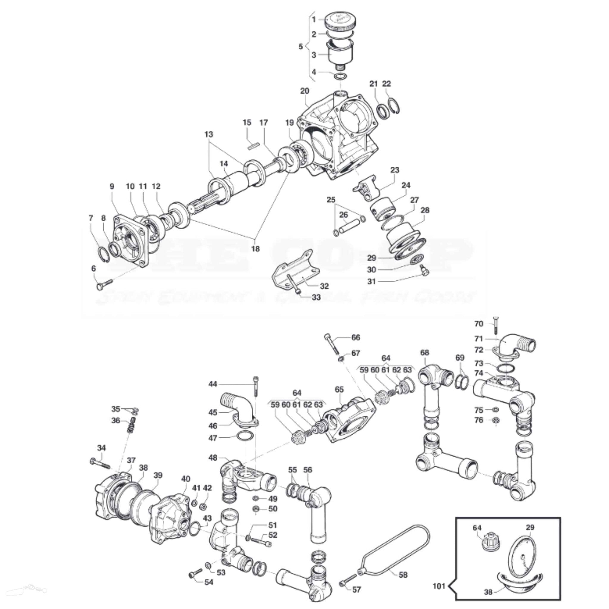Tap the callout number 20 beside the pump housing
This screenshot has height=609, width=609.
tap(304, 91)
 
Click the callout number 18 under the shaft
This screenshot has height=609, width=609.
tap(255, 249)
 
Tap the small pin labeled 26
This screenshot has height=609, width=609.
tap(349, 227)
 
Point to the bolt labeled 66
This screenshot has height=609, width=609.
tap(331, 344)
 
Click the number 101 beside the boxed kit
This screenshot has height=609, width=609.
tap(439, 586)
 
